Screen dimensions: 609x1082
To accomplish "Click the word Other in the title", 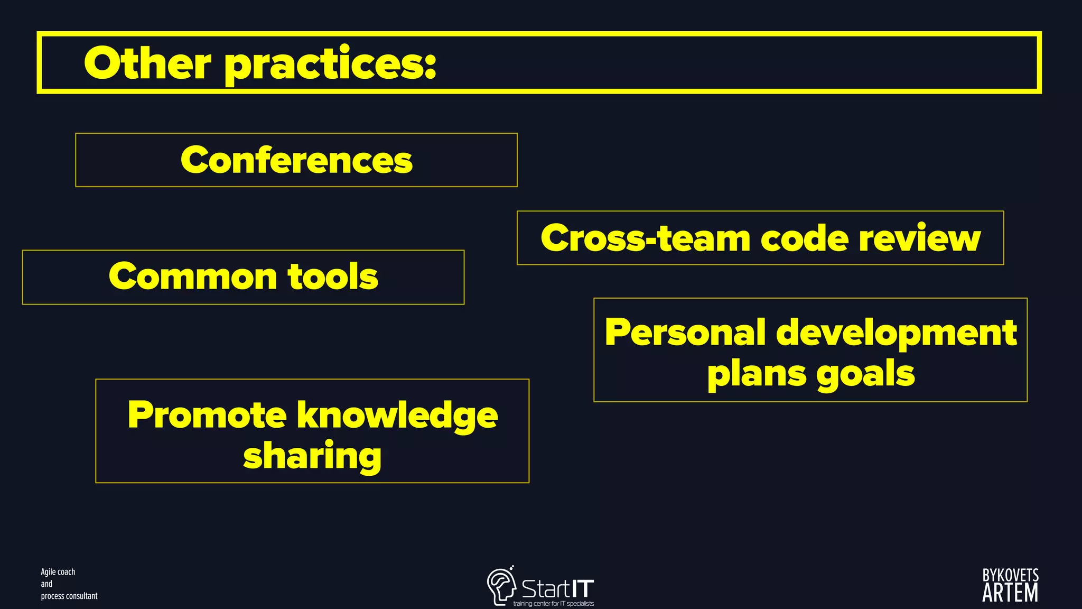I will (147, 63).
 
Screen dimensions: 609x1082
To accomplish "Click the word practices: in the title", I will (330, 64).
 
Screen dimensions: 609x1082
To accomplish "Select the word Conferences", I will (296, 160).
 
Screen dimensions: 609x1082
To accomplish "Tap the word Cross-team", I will (645, 238).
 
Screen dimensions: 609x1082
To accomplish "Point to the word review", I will (919, 238).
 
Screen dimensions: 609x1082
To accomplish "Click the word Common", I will (192, 276).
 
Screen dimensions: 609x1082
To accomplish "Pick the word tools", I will (333, 276).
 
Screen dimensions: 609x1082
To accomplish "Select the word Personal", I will (685, 333).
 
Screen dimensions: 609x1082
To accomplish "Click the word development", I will (897, 334).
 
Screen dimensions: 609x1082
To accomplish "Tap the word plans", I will (755, 374).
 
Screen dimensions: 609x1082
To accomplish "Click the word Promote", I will (207, 415).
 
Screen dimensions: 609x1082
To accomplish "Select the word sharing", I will (312, 456).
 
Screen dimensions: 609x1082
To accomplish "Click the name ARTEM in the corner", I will (1010, 593).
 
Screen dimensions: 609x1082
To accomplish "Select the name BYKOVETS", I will (1010, 575).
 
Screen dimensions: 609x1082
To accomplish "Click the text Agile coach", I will (58, 572).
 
